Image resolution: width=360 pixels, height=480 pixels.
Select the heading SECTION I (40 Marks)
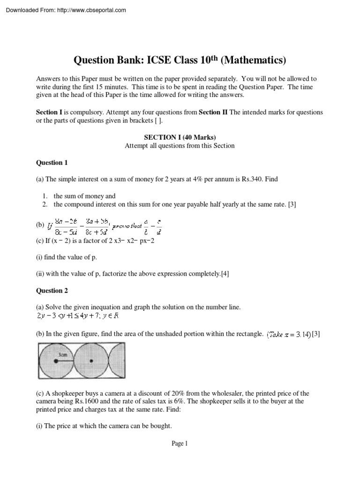(180, 137)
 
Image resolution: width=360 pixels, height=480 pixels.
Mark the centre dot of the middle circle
(91, 361)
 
